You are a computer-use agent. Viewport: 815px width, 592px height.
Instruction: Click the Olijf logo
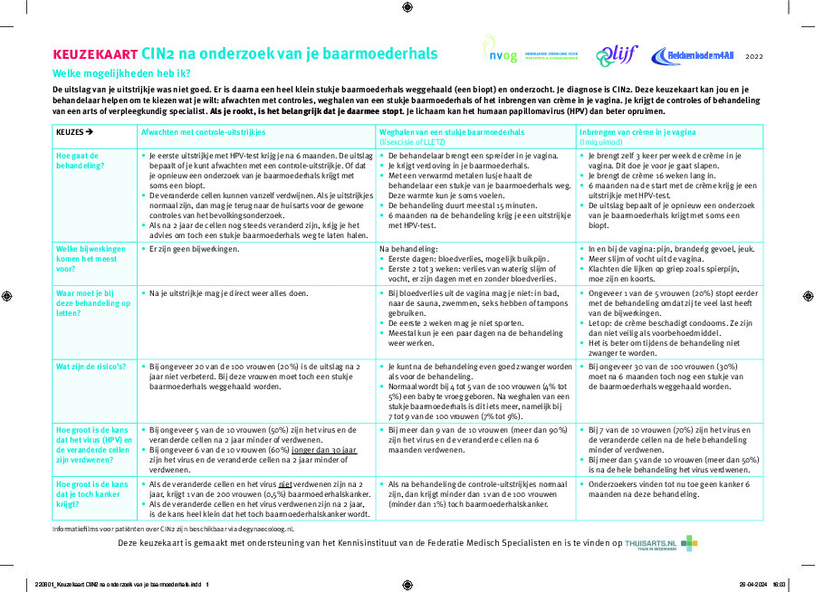pos(617,55)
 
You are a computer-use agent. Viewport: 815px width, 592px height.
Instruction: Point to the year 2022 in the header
pos(754,56)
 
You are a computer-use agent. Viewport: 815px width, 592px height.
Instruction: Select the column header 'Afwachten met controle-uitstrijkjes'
pos(202,132)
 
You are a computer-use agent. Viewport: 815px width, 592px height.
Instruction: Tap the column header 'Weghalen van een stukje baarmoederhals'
pos(451,132)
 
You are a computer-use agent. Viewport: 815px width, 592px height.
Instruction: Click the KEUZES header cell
pos(75,132)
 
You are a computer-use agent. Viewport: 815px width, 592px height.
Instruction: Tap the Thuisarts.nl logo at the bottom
pos(662,543)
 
